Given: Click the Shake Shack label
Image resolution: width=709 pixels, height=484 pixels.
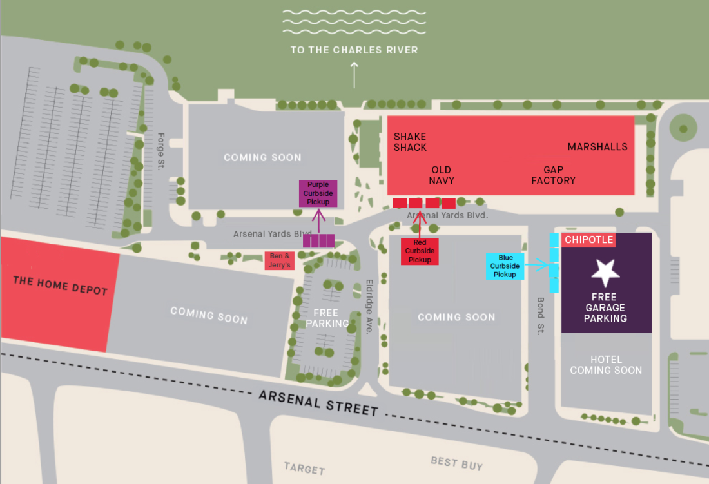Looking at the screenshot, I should point(410,142).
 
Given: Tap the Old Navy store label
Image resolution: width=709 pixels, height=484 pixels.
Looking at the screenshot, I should point(442,175).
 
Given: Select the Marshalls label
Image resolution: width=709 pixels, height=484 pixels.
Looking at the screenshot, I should point(597,147).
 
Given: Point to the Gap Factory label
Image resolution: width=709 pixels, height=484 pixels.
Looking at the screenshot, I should point(553,175).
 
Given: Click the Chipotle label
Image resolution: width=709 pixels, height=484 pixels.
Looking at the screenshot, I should point(588,240).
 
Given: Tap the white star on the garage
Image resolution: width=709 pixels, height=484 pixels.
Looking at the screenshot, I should point(605,273).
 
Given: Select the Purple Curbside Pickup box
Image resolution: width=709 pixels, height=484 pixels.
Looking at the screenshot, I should point(318,193).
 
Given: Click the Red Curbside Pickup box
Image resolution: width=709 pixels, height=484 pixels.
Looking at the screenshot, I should point(420,251).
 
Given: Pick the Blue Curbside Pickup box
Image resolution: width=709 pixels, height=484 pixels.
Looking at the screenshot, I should point(505,266).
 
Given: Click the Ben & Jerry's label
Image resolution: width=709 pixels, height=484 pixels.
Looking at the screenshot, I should point(280,260).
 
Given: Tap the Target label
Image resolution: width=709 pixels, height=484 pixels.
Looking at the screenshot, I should point(304,469).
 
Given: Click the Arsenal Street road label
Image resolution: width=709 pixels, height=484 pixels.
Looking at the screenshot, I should point(318,402).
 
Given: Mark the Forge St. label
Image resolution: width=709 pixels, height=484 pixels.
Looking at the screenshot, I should point(162,151).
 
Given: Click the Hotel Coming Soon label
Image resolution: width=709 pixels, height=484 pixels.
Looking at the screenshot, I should point(606,365).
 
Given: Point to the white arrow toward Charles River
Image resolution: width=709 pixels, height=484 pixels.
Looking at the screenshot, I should point(353,75).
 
